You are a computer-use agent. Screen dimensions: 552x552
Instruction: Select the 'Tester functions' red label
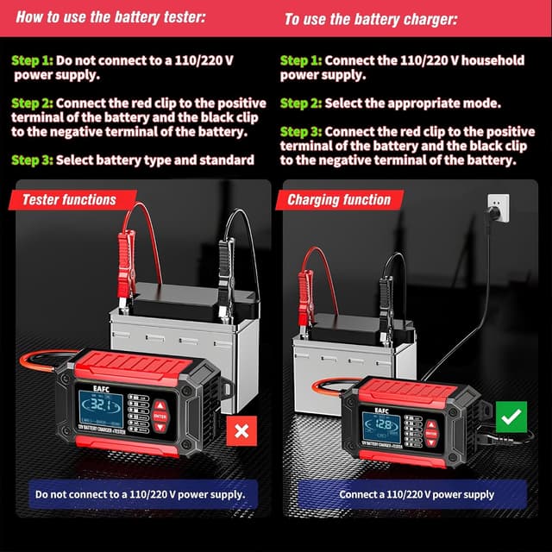[x=69, y=200]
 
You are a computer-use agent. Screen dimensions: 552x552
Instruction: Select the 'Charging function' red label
[x=339, y=200]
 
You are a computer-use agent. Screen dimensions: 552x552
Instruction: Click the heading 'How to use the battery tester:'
[x=109, y=16]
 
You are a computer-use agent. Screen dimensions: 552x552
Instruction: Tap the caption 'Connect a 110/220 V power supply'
[x=417, y=494]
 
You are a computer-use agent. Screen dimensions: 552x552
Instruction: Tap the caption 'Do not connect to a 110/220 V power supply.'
[x=141, y=494]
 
